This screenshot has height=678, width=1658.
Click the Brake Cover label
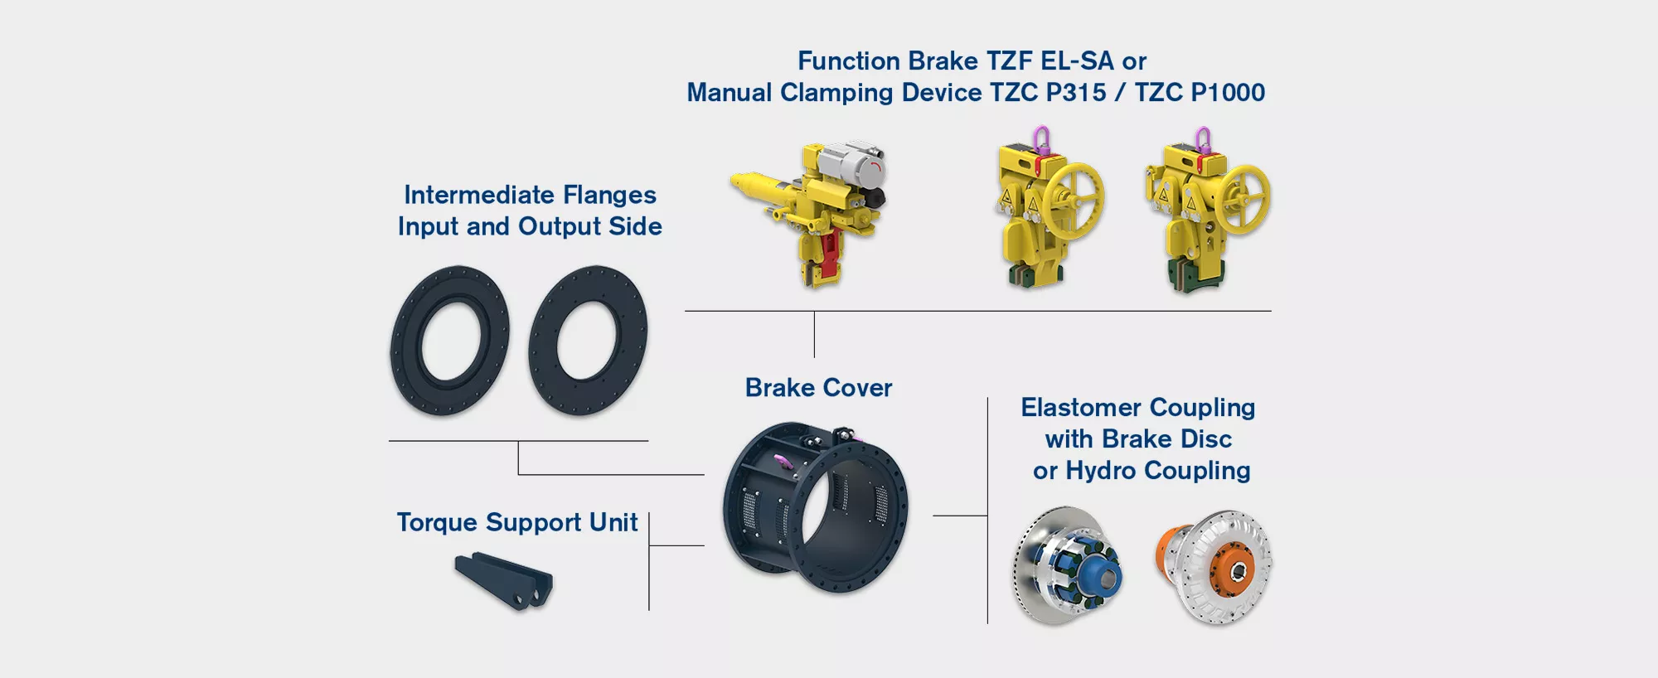coord(818,388)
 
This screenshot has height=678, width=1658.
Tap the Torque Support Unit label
coord(516,523)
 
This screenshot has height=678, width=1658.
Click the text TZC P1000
coord(1199,93)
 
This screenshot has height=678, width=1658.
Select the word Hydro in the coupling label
coord(1100,471)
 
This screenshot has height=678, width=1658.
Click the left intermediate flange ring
coord(449,341)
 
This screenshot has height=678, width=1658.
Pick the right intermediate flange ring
coord(588,341)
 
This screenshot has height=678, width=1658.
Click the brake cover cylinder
coord(816,507)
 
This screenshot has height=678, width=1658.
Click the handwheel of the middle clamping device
coord(1073,199)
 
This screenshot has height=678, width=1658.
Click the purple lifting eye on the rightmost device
coord(1203,138)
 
